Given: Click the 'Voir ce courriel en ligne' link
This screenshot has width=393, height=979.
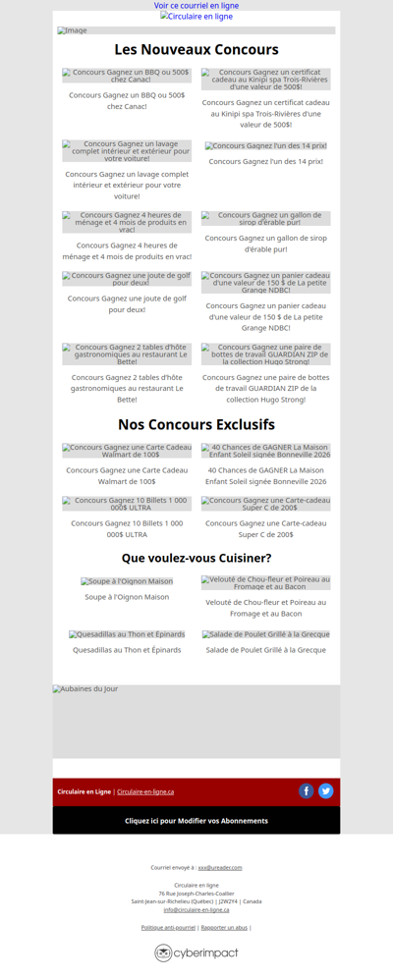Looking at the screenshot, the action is [196, 6].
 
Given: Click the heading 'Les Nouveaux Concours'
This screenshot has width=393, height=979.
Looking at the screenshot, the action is [196, 49].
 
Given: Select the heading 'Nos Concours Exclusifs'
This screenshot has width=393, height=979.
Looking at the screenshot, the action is [196, 424].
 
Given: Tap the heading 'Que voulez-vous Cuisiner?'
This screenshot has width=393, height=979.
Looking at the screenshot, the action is [196, 558].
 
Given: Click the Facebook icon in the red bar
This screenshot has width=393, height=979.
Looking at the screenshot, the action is [307, 790].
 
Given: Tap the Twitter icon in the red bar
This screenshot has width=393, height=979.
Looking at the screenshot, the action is [326, 790].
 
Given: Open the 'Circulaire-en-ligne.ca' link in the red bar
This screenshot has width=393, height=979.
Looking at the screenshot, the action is [145, 791].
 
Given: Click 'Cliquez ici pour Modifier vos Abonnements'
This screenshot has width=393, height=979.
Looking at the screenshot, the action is [196, 821].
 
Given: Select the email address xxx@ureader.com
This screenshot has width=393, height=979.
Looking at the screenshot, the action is [220, 867].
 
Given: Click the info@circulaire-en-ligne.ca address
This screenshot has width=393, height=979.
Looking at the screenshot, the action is [196, 909].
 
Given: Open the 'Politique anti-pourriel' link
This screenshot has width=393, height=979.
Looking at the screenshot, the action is [168, 927].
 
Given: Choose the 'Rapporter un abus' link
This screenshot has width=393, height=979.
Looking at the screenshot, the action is [224, 927].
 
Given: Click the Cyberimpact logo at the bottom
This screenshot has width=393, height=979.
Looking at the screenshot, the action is [196, 952].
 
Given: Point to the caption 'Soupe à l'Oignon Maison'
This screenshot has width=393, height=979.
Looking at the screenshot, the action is [127, 597].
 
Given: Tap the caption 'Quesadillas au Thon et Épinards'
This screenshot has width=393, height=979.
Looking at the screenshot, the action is [127, 650].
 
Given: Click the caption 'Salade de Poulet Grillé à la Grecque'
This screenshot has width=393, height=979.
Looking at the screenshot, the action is [265, 650].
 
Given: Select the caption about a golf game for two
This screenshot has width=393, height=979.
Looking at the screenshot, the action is [127, 303].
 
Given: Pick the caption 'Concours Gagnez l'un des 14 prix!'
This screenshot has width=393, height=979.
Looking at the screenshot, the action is [265, 161].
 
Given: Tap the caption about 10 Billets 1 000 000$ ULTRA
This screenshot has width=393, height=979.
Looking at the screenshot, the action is [127, 528].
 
